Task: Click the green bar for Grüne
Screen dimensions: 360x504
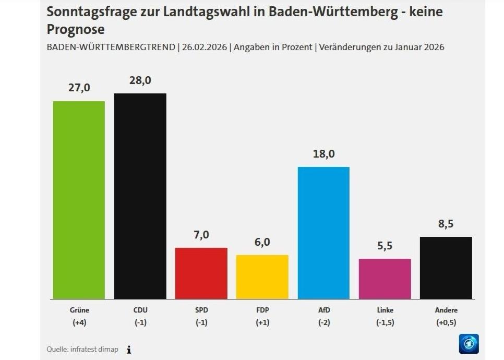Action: click(x=79, y=200)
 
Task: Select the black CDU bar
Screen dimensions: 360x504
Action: click(x=140, y=196)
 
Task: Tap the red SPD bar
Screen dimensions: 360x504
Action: click(x=201, y=273)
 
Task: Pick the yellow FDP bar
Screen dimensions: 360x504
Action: click(x=262, y=277)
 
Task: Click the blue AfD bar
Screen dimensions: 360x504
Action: click(x=323, y=233)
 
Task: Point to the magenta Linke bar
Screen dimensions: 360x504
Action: click(x=385, y=279)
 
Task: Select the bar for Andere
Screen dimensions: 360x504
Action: click(x=446, y=268)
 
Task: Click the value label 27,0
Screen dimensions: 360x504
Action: click(x=79, y=88)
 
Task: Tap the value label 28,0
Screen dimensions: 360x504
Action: click(x=140, y=80)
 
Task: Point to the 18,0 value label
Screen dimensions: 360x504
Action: click(x=323, y=154)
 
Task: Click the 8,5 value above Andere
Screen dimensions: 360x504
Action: click(x=446, y=224)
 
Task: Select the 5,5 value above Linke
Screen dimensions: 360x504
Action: click(x=385, y=246)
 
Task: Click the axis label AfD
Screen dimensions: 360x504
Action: click(x=323, y=310)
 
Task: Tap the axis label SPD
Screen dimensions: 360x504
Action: click(x=201, y=310)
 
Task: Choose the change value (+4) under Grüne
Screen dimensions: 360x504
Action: click(x=79, y=322)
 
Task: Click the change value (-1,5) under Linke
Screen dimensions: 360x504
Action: click(x=385, y=322)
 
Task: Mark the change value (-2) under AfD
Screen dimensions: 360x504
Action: click(x=323, y=322)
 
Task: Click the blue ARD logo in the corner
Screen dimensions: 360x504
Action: click(x=469, y=344)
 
